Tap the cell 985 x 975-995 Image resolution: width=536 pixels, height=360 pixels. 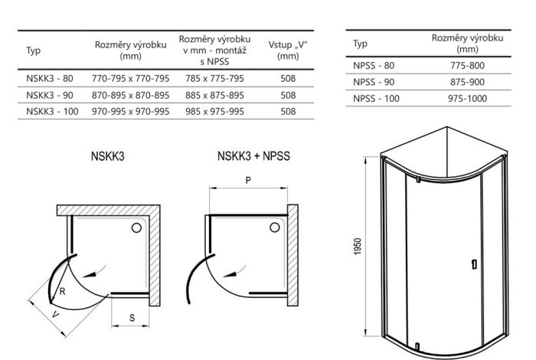point(214,112)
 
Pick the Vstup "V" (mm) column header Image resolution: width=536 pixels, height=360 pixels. point(288,50)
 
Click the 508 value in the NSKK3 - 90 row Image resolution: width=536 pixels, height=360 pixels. point(288,96)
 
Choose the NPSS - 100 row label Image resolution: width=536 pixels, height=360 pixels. point(376,99)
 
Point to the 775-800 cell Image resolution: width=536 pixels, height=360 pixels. point(468,66)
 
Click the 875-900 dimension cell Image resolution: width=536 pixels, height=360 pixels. point(468,82)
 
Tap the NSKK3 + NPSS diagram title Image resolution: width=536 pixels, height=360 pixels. point(253,155)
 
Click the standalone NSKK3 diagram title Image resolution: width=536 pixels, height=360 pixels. point(107,155)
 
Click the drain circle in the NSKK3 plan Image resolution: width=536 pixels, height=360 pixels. point(138,227)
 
